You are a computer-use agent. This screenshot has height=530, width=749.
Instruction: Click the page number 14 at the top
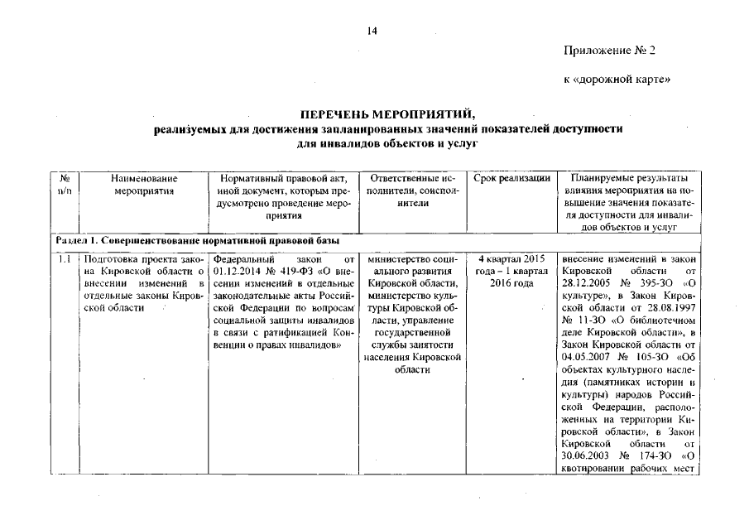pyautogui.click(x=372, y=31)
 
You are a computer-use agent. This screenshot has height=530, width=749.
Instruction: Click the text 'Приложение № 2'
pyautogui.click(x=609, y=51)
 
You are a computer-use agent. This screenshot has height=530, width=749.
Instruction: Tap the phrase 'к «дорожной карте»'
pyautogui.click(x=611, y=79)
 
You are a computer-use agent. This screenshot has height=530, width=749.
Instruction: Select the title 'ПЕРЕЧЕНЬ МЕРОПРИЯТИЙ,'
pyautogui.click(x=373, y=115)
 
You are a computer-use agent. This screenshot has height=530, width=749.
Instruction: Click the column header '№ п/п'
pyautogui.click(x=64, y=185)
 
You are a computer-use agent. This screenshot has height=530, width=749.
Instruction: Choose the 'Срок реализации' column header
pyautogui.click(x=512, y=179)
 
